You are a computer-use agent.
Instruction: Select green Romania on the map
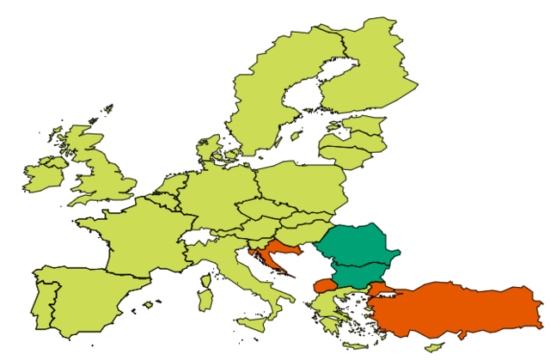pos(357,244)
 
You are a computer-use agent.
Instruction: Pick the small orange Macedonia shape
pos(325,285)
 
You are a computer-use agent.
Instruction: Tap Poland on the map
pos(301,185)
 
